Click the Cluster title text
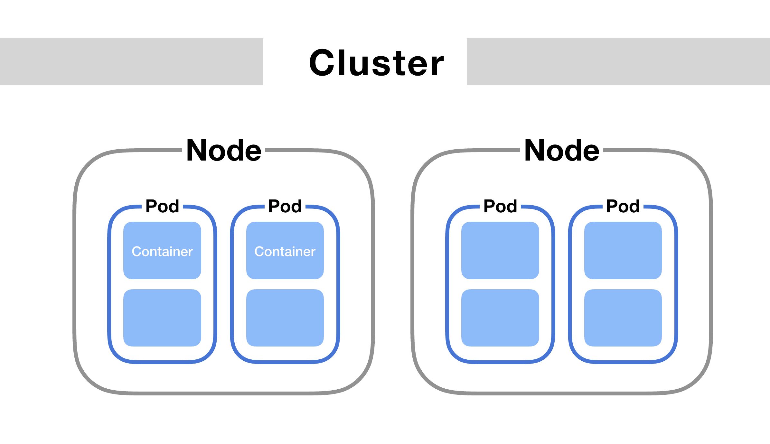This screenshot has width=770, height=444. tap(376, 63)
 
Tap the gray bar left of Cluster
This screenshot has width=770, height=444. tap(131, 62)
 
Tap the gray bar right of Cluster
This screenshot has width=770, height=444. tap(618, 62)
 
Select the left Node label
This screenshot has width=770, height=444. tap(224, 150)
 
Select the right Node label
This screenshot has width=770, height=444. tap(562, 150)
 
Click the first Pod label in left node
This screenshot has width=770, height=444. tap(162, 206)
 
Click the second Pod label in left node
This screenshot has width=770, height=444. tap(285, 206)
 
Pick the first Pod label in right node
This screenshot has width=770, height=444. tap(500, 206)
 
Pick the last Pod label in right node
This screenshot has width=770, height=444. tap(623, 206)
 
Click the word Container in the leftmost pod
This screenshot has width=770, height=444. tap(162, 251)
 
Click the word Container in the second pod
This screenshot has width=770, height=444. tap(285, 251)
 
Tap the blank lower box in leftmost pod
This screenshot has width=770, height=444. tap(162, 318)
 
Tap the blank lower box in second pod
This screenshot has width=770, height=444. tap(285, 318)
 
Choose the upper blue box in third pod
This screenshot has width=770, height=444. tap(500, 250)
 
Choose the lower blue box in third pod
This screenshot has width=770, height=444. tap(500, 318)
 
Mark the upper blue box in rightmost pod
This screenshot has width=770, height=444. tap(623, 250)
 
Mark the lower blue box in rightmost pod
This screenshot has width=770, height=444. tap(623, 318)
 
